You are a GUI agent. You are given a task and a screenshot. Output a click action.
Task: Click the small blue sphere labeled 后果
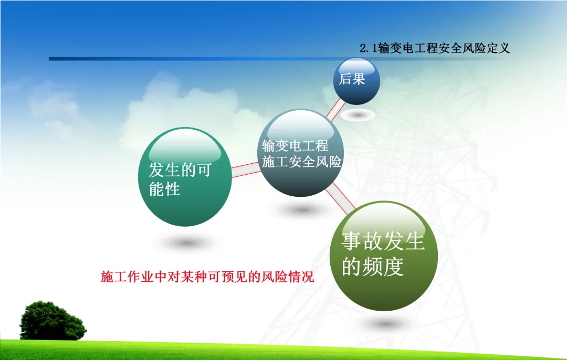(356, 81)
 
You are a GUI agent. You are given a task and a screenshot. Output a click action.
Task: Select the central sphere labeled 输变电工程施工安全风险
(301, 153)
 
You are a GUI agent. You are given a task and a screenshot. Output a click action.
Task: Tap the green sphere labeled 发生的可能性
(185, 177)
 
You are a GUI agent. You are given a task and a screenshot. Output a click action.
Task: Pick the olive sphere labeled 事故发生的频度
(384, 256)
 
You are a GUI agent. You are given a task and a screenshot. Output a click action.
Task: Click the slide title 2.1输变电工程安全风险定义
(435, 48)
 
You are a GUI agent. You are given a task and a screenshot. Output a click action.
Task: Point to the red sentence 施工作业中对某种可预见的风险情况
(207, 277)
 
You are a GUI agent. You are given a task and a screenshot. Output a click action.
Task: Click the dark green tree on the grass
(53, 321)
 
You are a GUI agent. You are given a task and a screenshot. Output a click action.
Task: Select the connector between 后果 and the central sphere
(335, 110)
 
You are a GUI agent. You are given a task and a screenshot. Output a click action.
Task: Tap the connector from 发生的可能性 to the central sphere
(246, 170)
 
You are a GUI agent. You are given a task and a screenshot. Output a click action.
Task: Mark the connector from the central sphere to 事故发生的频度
(340, 199)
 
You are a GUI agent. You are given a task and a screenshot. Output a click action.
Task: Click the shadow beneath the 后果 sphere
(358, 115)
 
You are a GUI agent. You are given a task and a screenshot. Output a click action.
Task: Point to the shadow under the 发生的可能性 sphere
(186, 243)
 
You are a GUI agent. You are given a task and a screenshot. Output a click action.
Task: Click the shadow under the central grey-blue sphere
(302, 209)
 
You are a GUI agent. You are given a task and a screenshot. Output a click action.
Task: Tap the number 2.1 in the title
(369, 48)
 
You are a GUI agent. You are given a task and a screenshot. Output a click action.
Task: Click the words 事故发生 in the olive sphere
(383, 241)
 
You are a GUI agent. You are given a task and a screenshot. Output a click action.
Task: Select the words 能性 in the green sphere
(164, 189)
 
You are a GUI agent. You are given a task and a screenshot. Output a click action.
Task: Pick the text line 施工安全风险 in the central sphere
(302, 162)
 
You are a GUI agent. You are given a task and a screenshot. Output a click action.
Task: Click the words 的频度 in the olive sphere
(373, 267)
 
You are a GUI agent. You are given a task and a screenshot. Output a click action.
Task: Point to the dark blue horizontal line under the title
(203, 59)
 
